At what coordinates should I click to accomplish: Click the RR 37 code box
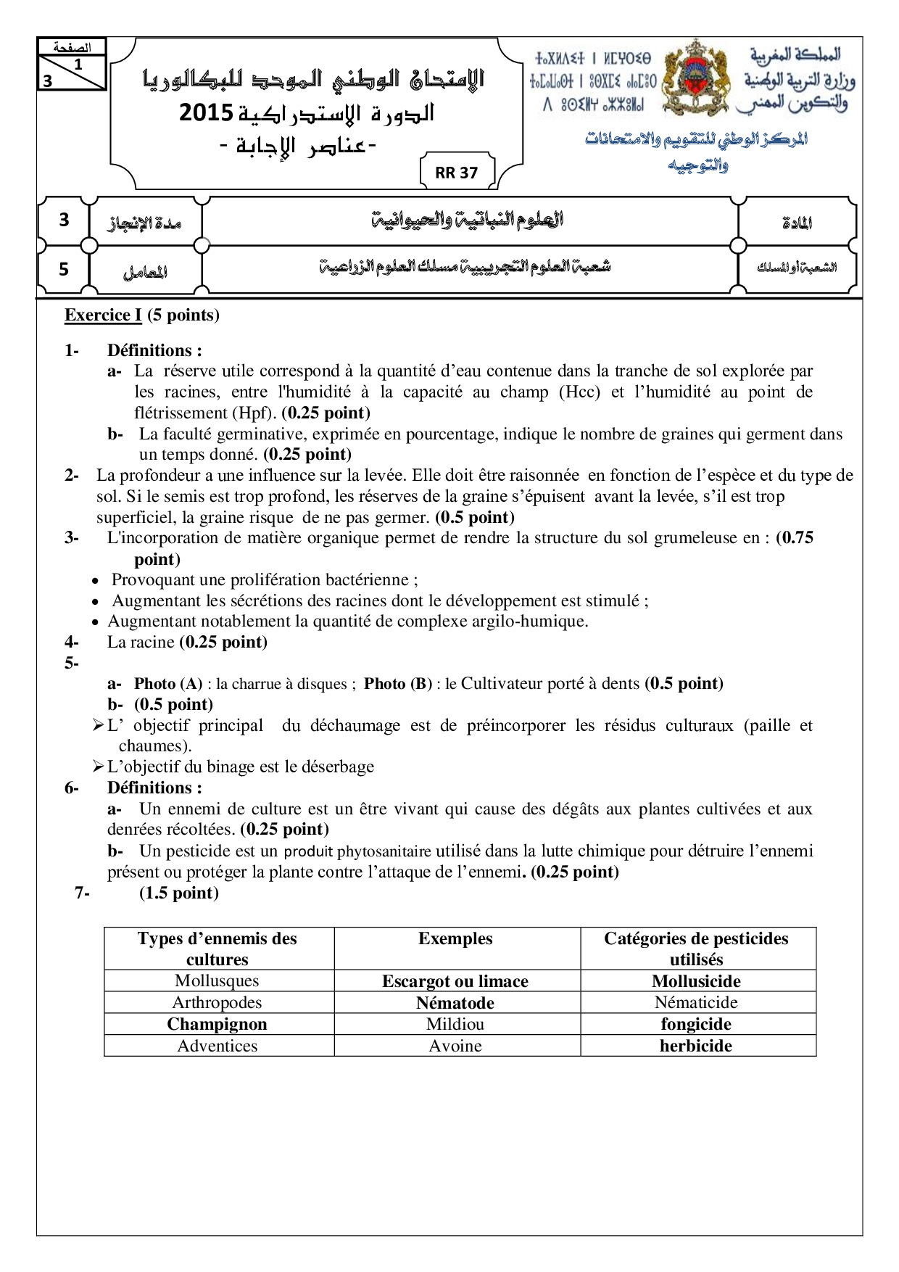pyautogui.click(x=457, y=173)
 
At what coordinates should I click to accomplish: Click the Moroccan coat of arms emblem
pyautogui.click(x=696, y=78)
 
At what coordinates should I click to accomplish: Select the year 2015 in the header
pyautogui.click(x=206, y=113)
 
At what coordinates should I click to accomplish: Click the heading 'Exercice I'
pyautogui.click(x=103, y=315)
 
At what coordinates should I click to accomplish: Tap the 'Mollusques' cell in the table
pyautogui.click(x=217, y=980)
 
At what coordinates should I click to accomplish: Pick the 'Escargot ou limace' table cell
pyautogui.click(x=455, y=981)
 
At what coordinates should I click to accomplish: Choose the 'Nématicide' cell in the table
pyautogui.click(x=696, y=1002)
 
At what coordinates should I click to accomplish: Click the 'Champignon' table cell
pyautogui.click(x=217, y=1024)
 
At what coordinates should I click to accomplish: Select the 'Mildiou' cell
pyautogui.click(x=455, y=1024)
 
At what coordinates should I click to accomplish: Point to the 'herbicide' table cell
pyautogui.click(x=696, y=1046)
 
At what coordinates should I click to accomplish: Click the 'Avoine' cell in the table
pyautogui.click(x=455, y=1046)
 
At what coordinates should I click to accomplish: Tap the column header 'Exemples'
pyautogui.click(x=455, y=938)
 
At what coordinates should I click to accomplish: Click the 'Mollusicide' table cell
pyautogui.click(x=696, y=981)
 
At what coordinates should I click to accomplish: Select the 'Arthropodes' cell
pyautogui.click(x=217, y=1002)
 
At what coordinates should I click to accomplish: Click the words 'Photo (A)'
pyautogui.click(x=168, y=684)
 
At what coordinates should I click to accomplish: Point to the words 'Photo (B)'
pyautogui.click(x=398, y=684)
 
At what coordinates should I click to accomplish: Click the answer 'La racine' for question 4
pyautogui.click(x=141, y=642)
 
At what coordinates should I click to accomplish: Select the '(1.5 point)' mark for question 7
pyautogui.click(x=179, y=893)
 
